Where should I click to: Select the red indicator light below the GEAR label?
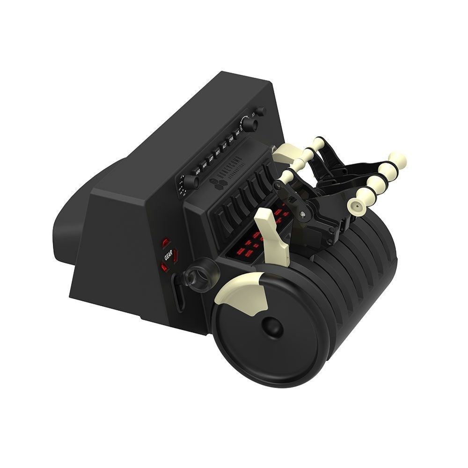point(164,267)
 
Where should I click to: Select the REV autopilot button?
point(218,152)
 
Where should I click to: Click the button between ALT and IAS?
point(231,142)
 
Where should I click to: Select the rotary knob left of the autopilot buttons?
point(190,182)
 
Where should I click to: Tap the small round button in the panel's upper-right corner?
point(260,111)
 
